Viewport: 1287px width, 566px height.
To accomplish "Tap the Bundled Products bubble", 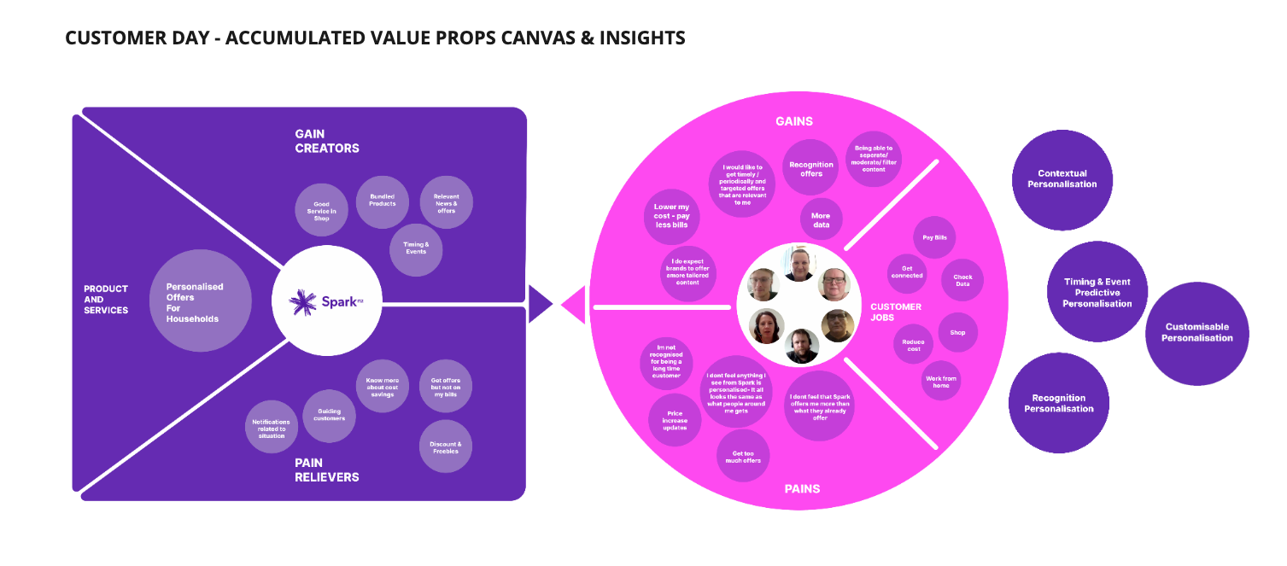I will pos(382,201).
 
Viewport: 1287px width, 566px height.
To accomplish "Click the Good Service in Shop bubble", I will pos(321,210).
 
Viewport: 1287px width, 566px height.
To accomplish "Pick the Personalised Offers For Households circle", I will pos(201,301).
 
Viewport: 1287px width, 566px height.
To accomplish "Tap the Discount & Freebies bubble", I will pos(445,447).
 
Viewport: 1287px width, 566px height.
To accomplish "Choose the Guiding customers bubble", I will pos(329,415).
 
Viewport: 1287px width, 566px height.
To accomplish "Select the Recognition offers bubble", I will pos(810,167).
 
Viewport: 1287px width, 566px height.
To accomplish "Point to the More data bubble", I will pos(821,219).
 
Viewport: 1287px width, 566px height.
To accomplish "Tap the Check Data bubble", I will pos(962,280).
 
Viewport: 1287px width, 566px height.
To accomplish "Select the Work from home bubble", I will pos(940,381).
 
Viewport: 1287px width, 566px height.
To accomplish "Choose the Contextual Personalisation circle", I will pos(1062,178).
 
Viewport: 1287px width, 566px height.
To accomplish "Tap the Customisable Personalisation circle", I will pos(1196,333).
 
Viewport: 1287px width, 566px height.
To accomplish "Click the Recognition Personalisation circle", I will pos(1058,403).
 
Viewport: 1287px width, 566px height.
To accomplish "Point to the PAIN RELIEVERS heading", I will pos(326,470).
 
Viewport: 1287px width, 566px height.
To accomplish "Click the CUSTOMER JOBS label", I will pos(895,312).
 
